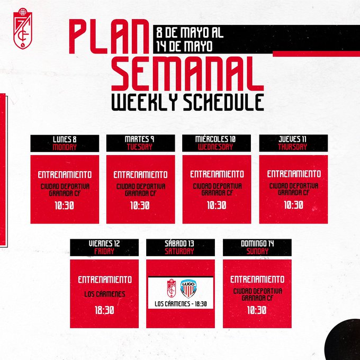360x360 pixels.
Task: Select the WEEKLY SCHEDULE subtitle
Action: click(x=187, y=102)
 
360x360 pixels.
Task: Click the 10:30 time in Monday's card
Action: click(x=65, y=204)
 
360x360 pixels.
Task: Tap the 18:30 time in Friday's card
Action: click(x=104, y=311)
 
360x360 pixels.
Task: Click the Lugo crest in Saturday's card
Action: click(x=188, y=289)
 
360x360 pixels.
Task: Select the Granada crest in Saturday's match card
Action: click(x=172, y=289)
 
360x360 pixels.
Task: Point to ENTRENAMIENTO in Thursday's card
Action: click(x=293, y=174)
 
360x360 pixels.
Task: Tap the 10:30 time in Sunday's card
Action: click(x=256, y=310)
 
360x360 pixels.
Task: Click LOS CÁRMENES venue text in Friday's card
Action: click(x=104, y=294)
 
